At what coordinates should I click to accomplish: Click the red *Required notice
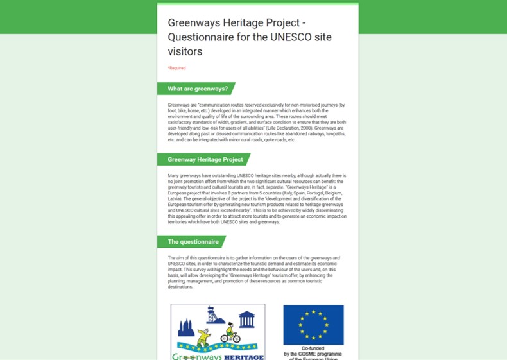coord(176,68)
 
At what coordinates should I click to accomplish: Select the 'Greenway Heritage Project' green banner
coord(205,159)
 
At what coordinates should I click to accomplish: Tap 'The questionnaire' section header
coord(193,242)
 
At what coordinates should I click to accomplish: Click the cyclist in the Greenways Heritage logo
coord(230,334)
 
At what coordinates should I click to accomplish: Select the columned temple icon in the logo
coord(246,318)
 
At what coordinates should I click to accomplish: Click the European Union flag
coord(313,325)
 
